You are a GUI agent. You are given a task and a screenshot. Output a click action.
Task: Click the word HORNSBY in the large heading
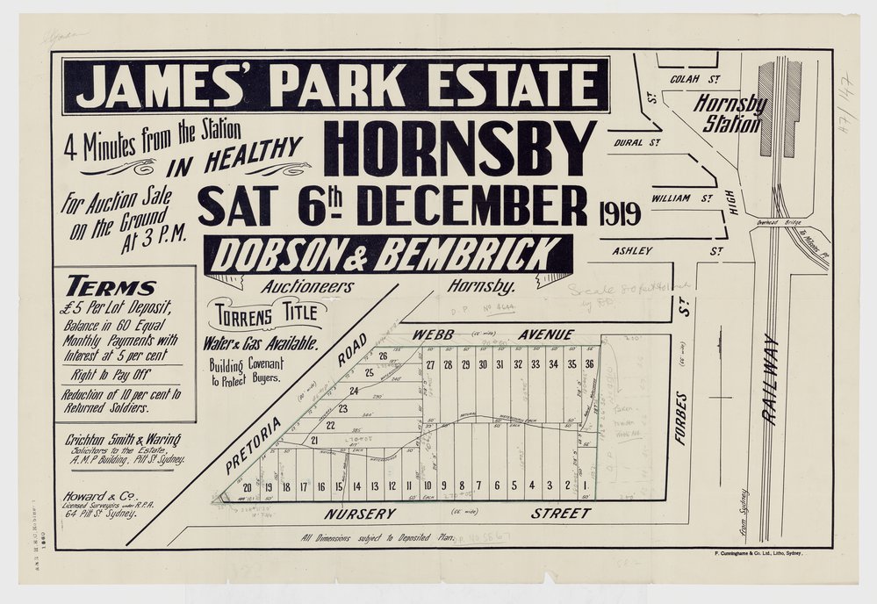pyautogui.click(x=459, y=147)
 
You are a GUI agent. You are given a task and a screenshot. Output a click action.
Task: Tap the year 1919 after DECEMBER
pyautogui.click(x=621, y=213)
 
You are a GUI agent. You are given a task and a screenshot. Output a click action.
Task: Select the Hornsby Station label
pyautogui.click(x=730, y=113)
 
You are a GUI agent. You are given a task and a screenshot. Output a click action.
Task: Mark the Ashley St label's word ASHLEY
pyautogui.click(x=634, y=250)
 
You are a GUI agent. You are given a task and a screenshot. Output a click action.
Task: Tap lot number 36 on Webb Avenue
pyautogui.click(x=591, y=364)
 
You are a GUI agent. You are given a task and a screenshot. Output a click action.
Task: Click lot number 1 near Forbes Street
pyautogui.click(x=585, y=485)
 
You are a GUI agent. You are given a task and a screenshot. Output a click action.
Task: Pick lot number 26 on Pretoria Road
pyautogui.click(x=383, y=356)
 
